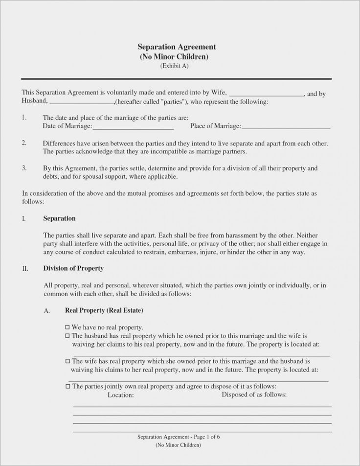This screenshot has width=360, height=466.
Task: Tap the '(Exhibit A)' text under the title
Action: click(175, 66)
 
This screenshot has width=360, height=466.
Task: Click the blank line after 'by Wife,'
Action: click(267, 93)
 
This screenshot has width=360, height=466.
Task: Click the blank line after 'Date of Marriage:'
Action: click(133, 127)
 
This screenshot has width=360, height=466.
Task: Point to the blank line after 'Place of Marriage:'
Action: click(286, 127)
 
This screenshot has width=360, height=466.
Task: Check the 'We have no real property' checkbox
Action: click(67, 326)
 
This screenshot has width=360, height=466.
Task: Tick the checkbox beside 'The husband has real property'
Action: click(67, 336)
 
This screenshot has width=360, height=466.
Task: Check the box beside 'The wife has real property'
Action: click(67, 360)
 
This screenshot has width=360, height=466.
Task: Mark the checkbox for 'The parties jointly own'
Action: click(67, 386)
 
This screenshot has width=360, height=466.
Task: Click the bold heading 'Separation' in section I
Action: click(59, 218)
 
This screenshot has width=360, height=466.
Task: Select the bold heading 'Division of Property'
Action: click(73, 269)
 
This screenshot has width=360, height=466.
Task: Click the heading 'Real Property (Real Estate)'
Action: click(104, 310)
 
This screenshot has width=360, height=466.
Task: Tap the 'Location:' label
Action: click(120, 395)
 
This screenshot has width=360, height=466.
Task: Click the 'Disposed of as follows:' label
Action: click(254, 395)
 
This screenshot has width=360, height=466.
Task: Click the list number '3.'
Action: click(24, 168)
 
